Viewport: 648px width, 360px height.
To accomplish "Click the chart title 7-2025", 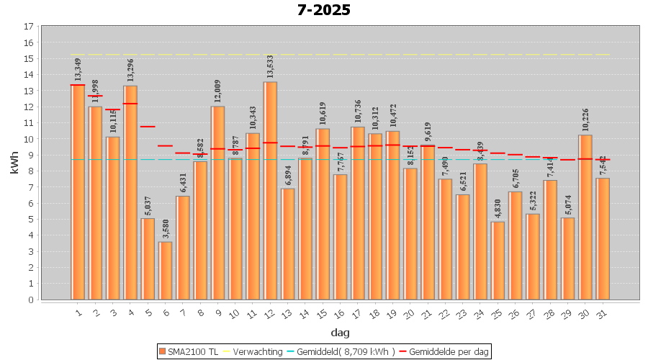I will (323, 10).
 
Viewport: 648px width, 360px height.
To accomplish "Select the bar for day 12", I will (270, 191).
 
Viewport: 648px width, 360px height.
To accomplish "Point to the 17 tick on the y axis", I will (29, 27).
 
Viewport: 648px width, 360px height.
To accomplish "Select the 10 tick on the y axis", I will (29, 139).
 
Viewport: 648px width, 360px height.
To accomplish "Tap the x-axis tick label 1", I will (78, 312).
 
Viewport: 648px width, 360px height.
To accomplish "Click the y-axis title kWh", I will (14, 163).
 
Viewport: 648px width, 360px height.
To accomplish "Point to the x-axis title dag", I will (340, 333).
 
